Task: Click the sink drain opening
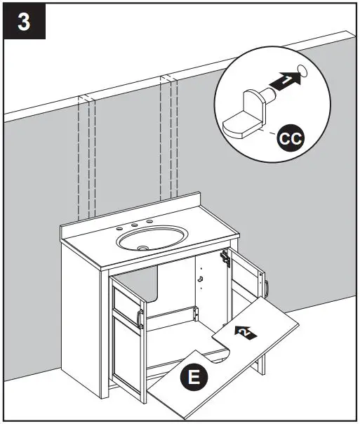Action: [144, 247]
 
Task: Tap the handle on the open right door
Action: [267, 288]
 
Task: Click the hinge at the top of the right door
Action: [226, 257]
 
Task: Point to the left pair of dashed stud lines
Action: [86, 161]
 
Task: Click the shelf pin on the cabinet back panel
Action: [201, 279]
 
